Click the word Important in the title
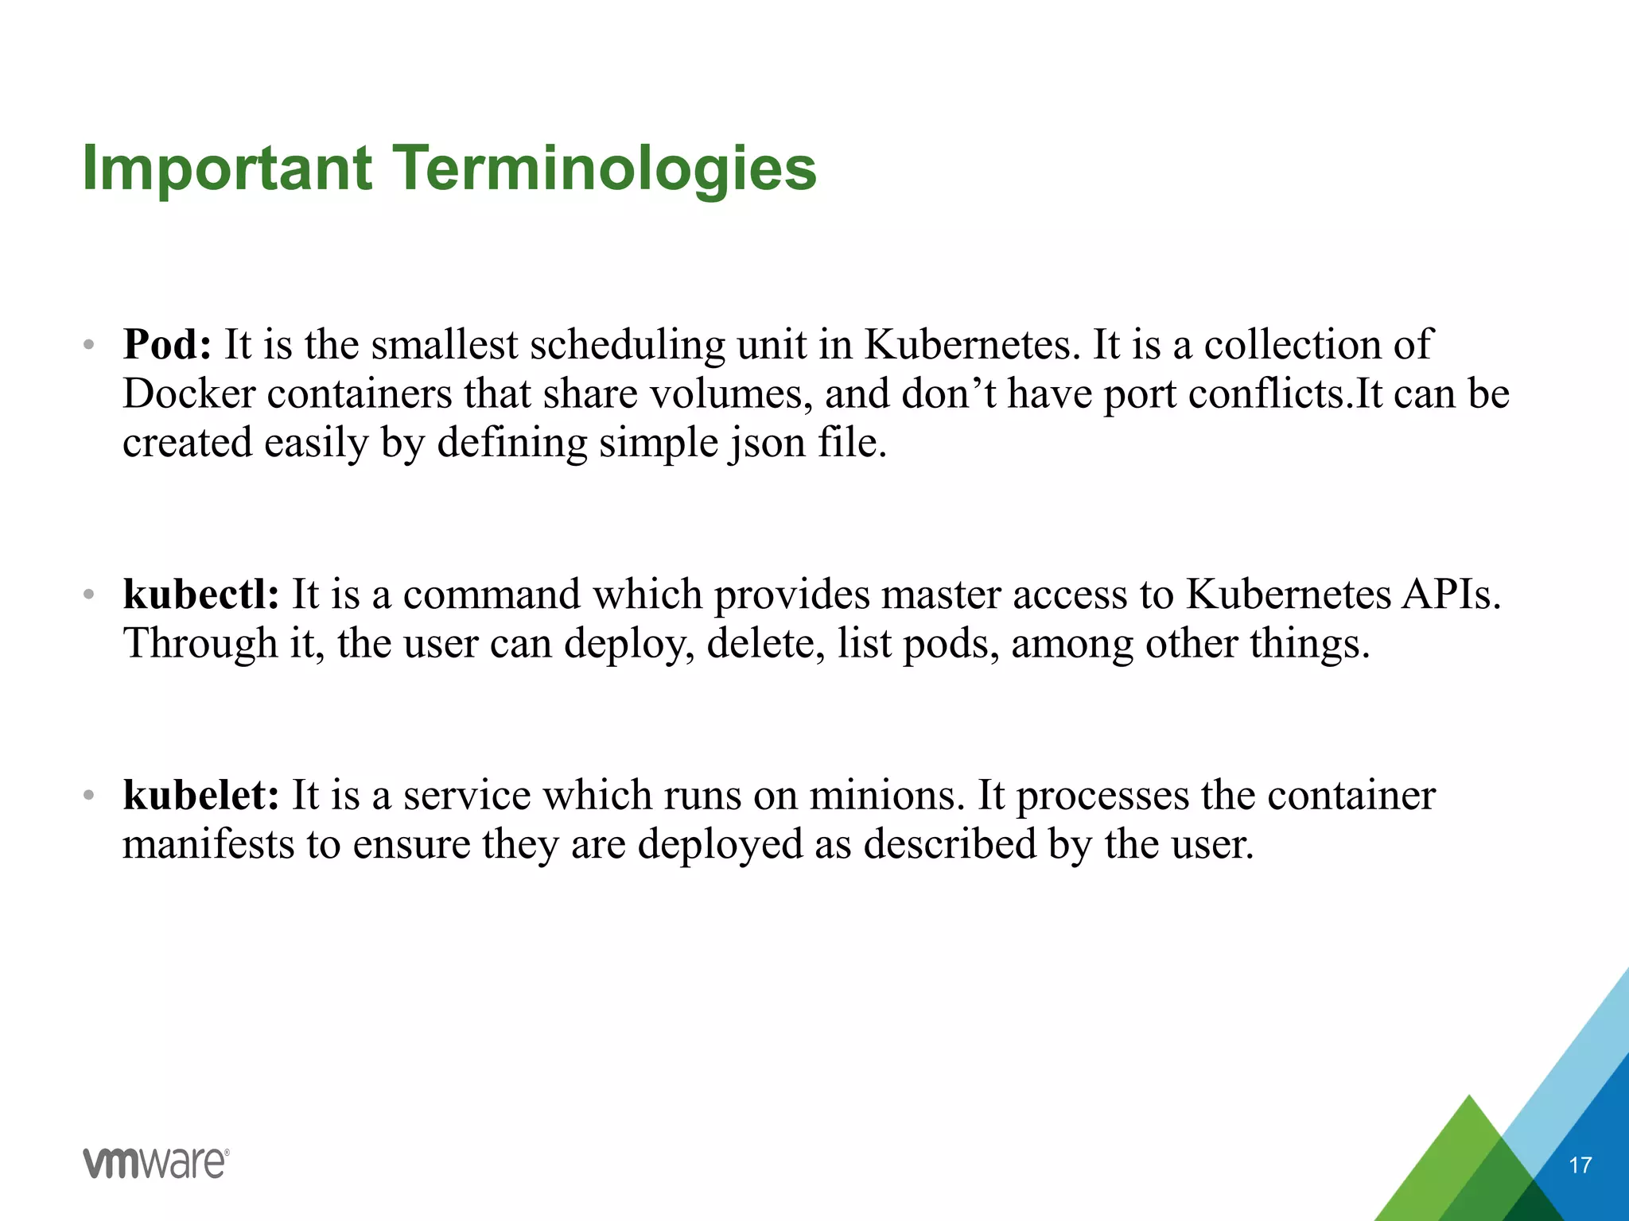click(x=227, y=169)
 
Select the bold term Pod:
click(x=167, y=345)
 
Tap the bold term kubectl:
click(x=201, y=595)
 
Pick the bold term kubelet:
click(x=201, y=795)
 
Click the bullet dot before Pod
click(x=89, y=346)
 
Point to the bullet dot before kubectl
click(x=89, y=595)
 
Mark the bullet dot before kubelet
click(x=89, y=795)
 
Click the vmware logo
click(x=156, y=1163)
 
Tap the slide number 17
click(x=1580, y=1165)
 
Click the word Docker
click(x=189, y=394)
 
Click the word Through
click(x=200, y=644)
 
